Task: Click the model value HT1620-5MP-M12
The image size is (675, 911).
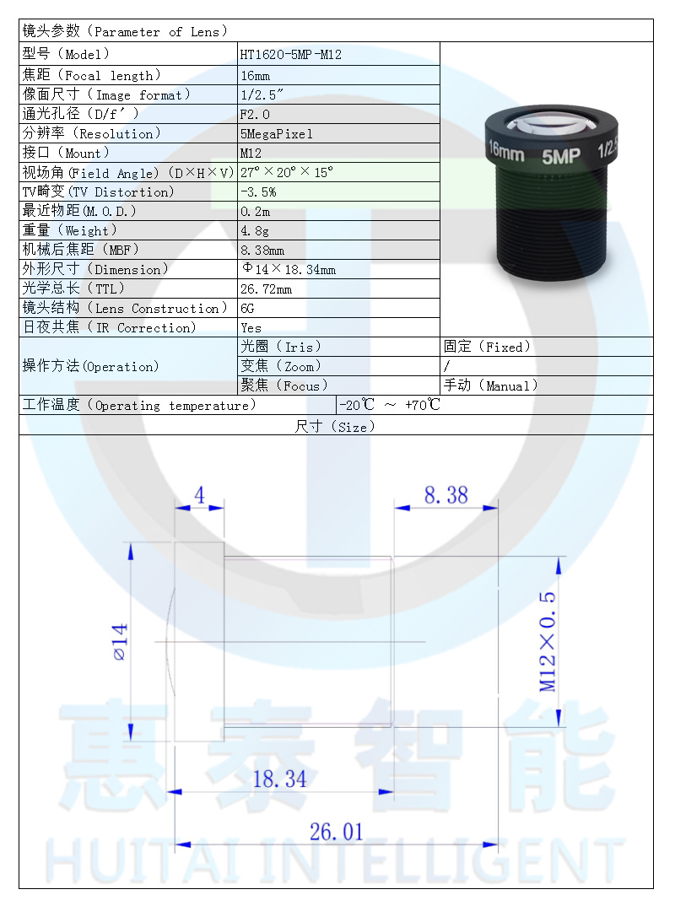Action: (290, 55)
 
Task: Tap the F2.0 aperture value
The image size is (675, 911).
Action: (256, 114)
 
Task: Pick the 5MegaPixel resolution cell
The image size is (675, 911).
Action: (276, 133)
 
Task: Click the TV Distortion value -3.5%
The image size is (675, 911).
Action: (258, 191)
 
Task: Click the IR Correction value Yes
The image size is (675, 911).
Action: (251, 328)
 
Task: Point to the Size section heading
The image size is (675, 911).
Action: (335, 427)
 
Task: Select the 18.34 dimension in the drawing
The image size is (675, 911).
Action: (279, 779)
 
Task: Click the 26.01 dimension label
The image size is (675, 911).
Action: (336, 833)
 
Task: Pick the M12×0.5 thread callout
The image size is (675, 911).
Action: (548, 641)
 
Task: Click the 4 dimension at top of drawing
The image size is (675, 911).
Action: (199, 495)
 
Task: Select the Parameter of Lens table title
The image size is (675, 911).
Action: (126, 31)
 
